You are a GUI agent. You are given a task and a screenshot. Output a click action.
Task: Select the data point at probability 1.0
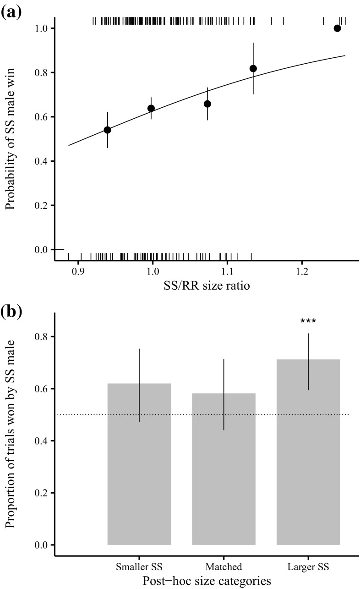click(x=338, y=28)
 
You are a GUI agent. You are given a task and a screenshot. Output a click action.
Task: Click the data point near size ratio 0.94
click(x=108, y=130)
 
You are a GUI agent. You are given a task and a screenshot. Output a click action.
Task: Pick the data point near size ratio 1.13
click(x=253, y=68)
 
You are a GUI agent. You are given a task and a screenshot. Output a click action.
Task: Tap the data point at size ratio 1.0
click(x=151, y=108)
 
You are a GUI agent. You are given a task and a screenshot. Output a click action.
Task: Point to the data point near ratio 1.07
click(x=207, y=104)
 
